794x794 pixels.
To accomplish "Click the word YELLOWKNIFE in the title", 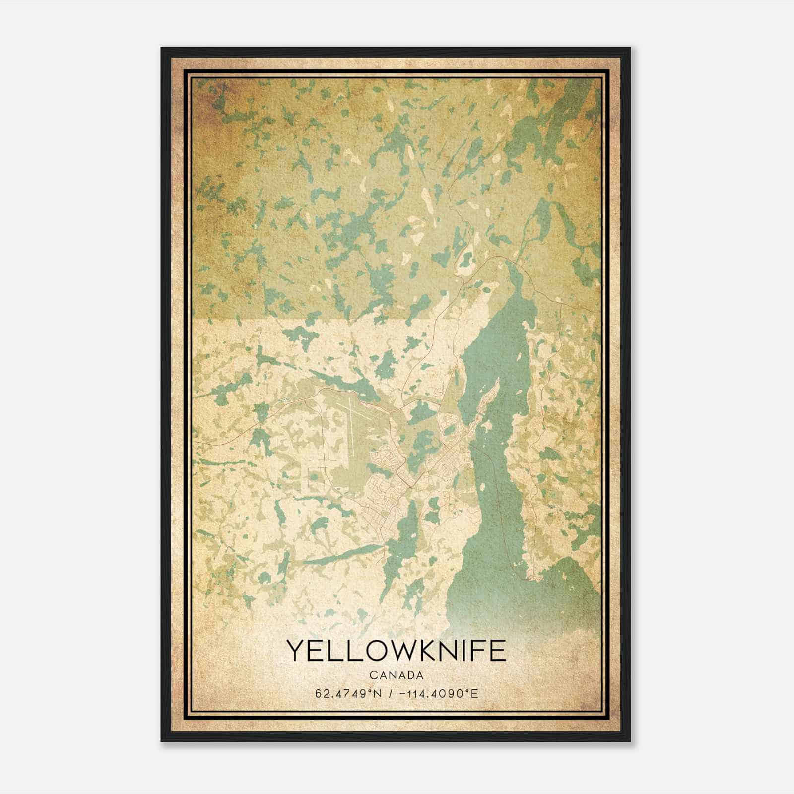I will pyautogui.click(x=396, y=651).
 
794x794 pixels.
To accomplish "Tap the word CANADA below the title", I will pyautogui.click(x=396, y=675).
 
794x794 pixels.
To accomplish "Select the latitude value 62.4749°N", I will pyautogui.click(x=348, y=693).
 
